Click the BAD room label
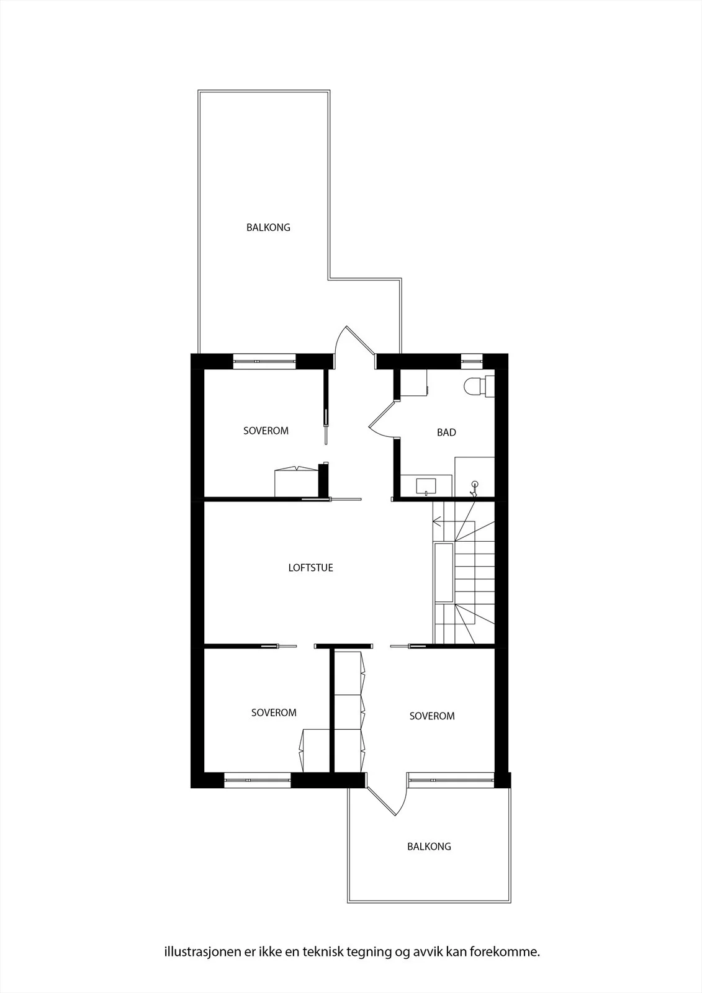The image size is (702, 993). point(446,432)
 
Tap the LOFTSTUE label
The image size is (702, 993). point(310,567)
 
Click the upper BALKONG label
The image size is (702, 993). point(268,227)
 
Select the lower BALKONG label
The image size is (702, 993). point(429,847)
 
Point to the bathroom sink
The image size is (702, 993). point(426,487)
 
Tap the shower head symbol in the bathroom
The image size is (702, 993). point(474,488)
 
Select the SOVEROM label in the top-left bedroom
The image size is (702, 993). point(266,431)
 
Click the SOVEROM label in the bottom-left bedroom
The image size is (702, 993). point(274,712)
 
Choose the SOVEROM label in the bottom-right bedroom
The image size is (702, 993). point(432,716)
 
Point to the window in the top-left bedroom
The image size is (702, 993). point(264,361)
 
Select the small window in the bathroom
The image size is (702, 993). point(472,361)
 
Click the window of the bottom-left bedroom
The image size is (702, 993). point(257,780)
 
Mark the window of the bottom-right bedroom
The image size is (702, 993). point(451,780)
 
